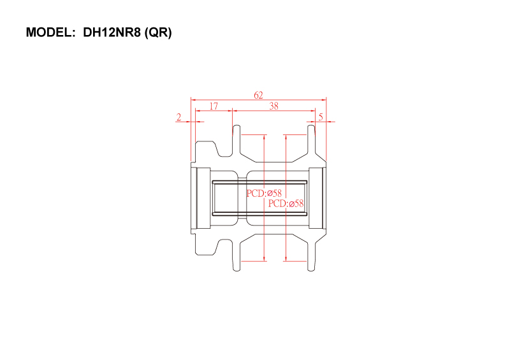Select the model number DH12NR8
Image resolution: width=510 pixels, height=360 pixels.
112,32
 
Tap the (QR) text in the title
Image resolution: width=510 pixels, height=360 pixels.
158,32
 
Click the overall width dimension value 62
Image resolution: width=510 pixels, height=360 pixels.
258,95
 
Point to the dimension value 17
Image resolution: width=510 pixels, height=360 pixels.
214,106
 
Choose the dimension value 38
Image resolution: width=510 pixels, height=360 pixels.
274,106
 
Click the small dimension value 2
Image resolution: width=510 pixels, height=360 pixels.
179,117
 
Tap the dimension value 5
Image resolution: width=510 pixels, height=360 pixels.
321,117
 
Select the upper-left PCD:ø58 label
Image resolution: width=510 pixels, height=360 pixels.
264,193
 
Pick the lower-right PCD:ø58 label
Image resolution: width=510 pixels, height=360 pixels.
286,204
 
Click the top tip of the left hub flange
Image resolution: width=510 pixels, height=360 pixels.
237,126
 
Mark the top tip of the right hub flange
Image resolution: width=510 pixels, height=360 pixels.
311,126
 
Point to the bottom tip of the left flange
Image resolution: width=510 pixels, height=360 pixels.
237,271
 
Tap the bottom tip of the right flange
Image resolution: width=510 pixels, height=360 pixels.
311,271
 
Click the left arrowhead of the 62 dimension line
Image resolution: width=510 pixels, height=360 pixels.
193,99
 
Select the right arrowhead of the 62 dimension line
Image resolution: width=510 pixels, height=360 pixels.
324,99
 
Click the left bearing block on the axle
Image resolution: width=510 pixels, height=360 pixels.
203,198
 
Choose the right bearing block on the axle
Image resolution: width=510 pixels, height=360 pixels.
316,198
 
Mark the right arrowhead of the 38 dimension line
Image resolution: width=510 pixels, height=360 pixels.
313,111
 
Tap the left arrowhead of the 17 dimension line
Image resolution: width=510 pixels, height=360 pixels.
198,111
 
